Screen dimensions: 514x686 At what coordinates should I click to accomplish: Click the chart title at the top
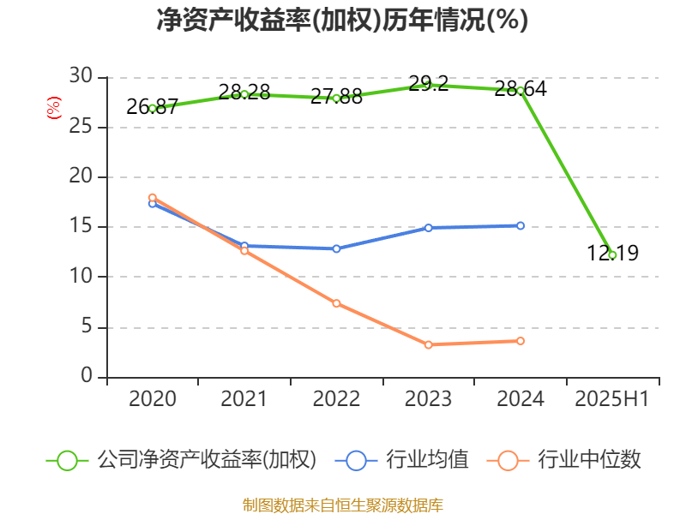pyautogui.click(x=342, y=21)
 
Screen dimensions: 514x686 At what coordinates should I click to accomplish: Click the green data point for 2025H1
pyautogui.click(x=612, y=255)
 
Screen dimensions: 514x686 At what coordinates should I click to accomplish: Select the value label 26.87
pyautogui.click(x=152, y=107)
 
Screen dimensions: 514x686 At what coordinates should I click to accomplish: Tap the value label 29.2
pyautogui.click(x=429, y=84)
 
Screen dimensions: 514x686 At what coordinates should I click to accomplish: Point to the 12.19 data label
pyautogui.click(x=612, y=254)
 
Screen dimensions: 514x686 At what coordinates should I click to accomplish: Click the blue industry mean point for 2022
pyautogui.click(x=336, y=248)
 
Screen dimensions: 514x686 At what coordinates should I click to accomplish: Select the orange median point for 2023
pyautogui.click(x=428, y=344)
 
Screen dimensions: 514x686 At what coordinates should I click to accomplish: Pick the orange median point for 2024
pyautogui.click(x=521, y=341)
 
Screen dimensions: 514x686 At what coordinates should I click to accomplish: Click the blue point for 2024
pyautogui.click(x=521, y=225)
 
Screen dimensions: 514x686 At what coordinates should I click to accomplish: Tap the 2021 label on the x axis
pyautogui.click(x=244, y=399)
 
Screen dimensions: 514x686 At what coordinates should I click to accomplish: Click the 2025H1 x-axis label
pyautogui.click(x=611, y=399)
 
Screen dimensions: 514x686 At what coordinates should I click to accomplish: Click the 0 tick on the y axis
pyautogui.click(x=87, y=377)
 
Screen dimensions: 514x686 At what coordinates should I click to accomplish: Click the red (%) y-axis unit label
pyautogui.click(x=53, y=107)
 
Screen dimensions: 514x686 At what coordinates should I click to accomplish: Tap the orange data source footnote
pyautogui.click(x=342, y=505)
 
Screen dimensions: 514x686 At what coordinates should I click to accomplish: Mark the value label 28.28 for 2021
pyautogui.click(x=244, y=92)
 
